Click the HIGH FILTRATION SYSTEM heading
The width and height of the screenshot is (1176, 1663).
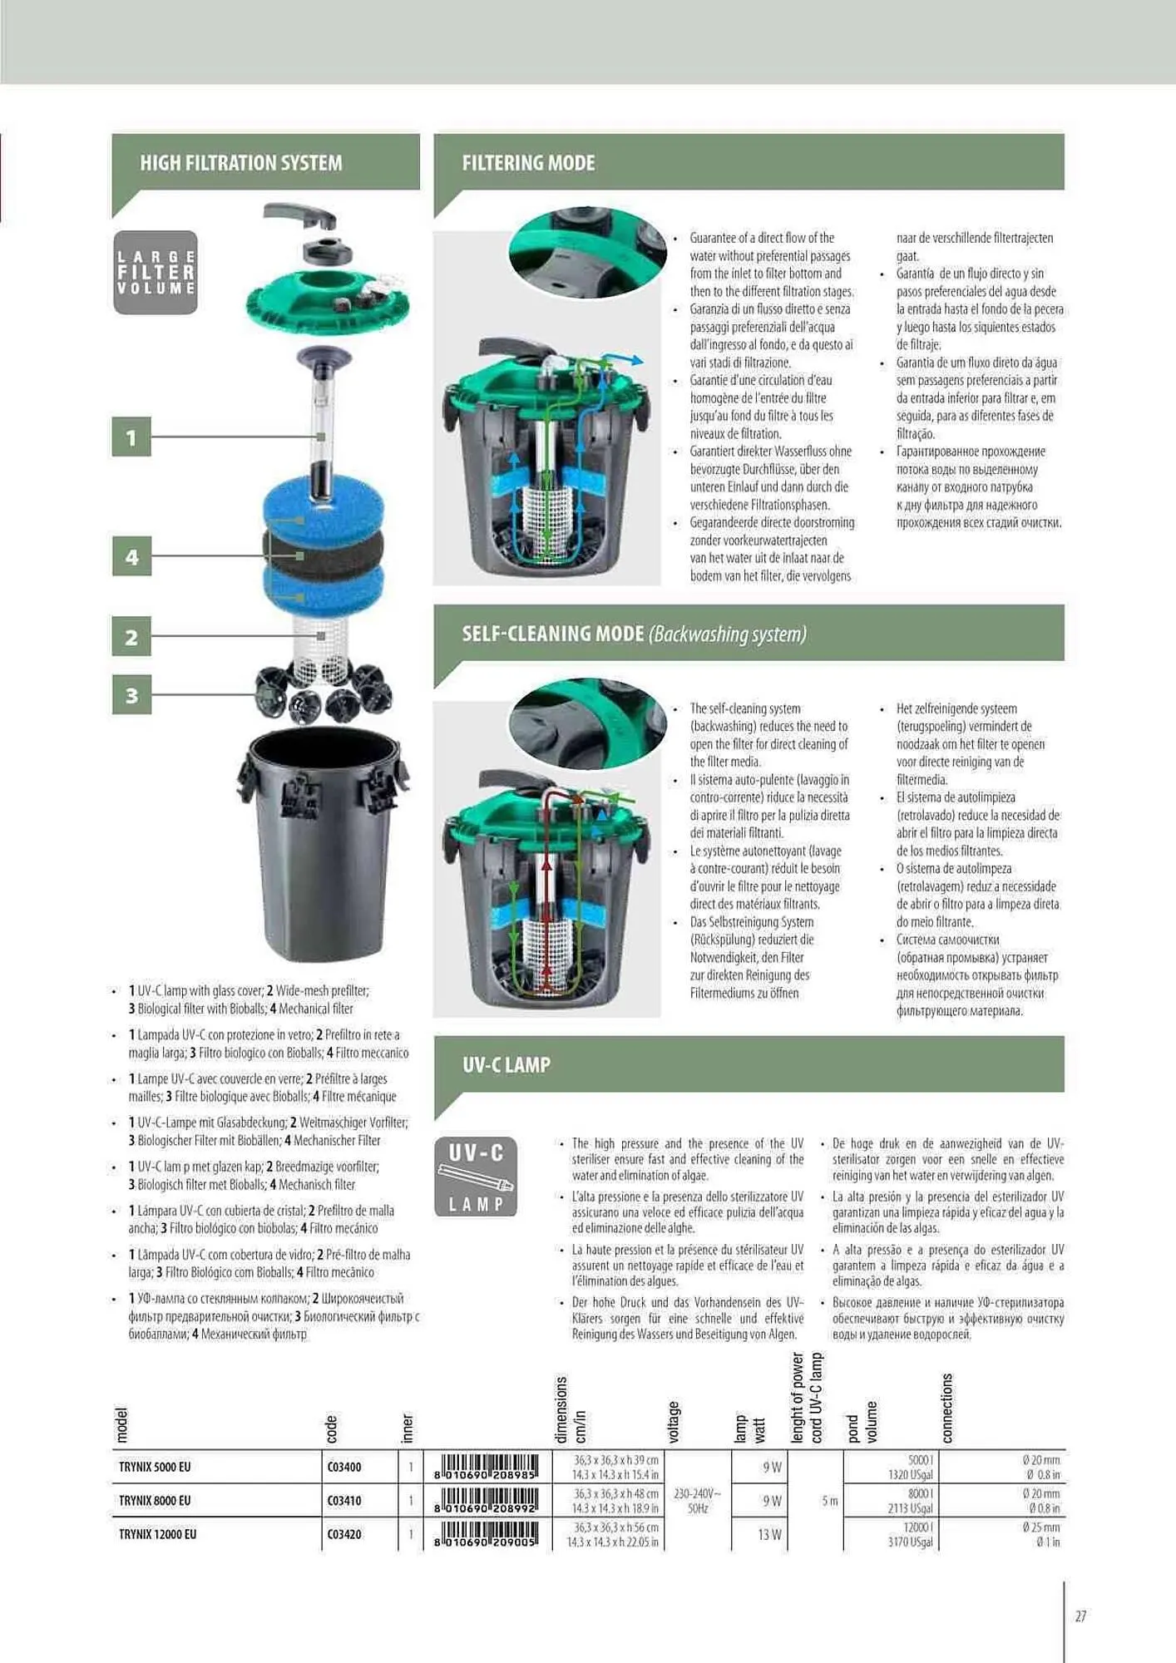pos(240,163)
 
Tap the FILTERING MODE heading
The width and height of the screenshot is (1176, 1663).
pos(528,163)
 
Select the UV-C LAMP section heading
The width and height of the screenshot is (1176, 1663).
pos(506,1065)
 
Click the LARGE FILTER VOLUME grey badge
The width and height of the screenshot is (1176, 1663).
pos(156,273)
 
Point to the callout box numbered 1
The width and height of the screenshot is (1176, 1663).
pos(131,437)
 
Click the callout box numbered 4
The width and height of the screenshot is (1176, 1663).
pos(131,556)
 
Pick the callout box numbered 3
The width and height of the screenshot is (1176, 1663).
pos(131,695)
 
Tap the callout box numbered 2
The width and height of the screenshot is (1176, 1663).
pos(131,637)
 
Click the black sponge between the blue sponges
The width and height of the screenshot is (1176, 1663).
pos(324,550)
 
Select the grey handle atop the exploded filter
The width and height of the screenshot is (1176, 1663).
pos(299,216)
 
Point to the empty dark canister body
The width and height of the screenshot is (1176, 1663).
pos(323,848)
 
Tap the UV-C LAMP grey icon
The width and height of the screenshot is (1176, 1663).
pos(476,1177)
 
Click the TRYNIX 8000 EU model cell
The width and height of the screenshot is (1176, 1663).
pos(155,1501)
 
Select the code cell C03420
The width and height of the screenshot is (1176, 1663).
pos(344,1534)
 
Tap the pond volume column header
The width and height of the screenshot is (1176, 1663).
pos(862,1422)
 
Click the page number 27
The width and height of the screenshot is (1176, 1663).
pos(1080,1616)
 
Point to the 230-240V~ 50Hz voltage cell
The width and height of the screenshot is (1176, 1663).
pos(697,1501)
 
